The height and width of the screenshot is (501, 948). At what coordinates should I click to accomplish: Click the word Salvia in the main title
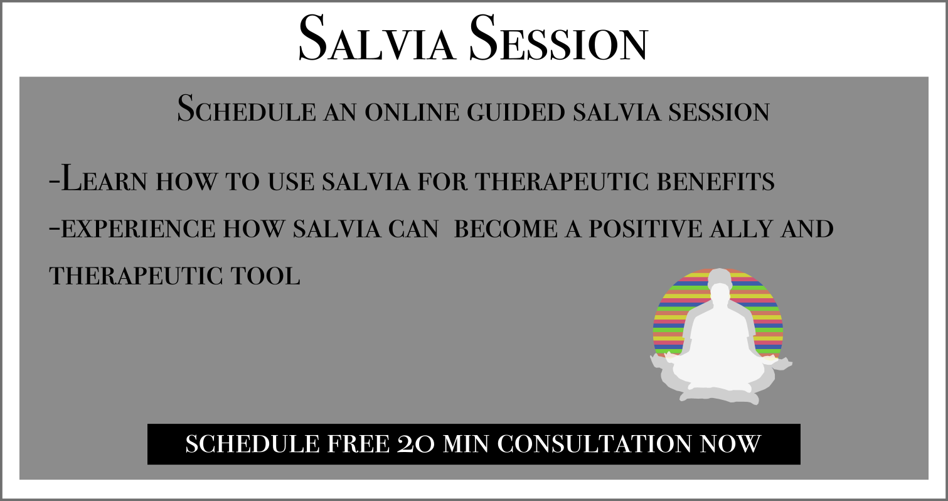click(376, 38)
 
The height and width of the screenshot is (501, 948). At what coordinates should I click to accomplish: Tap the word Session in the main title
click(558, 38)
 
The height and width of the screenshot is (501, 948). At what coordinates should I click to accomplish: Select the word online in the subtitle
click(412, 112)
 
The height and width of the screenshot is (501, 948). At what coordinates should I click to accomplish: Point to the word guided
click(516, 112)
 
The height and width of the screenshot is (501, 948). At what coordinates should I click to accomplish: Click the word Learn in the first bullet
click(104, 179)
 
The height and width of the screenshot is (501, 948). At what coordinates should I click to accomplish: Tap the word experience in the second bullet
click(138, 229)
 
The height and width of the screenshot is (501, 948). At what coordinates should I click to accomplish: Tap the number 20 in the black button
click(415, 444)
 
